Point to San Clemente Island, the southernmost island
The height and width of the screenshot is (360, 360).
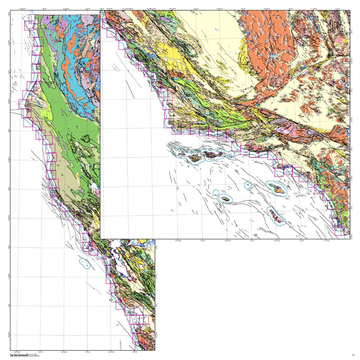coord(277,216)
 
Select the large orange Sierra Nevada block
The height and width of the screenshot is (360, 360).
coord(265,54)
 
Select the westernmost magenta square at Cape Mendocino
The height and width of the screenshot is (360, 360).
coord(23,104)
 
